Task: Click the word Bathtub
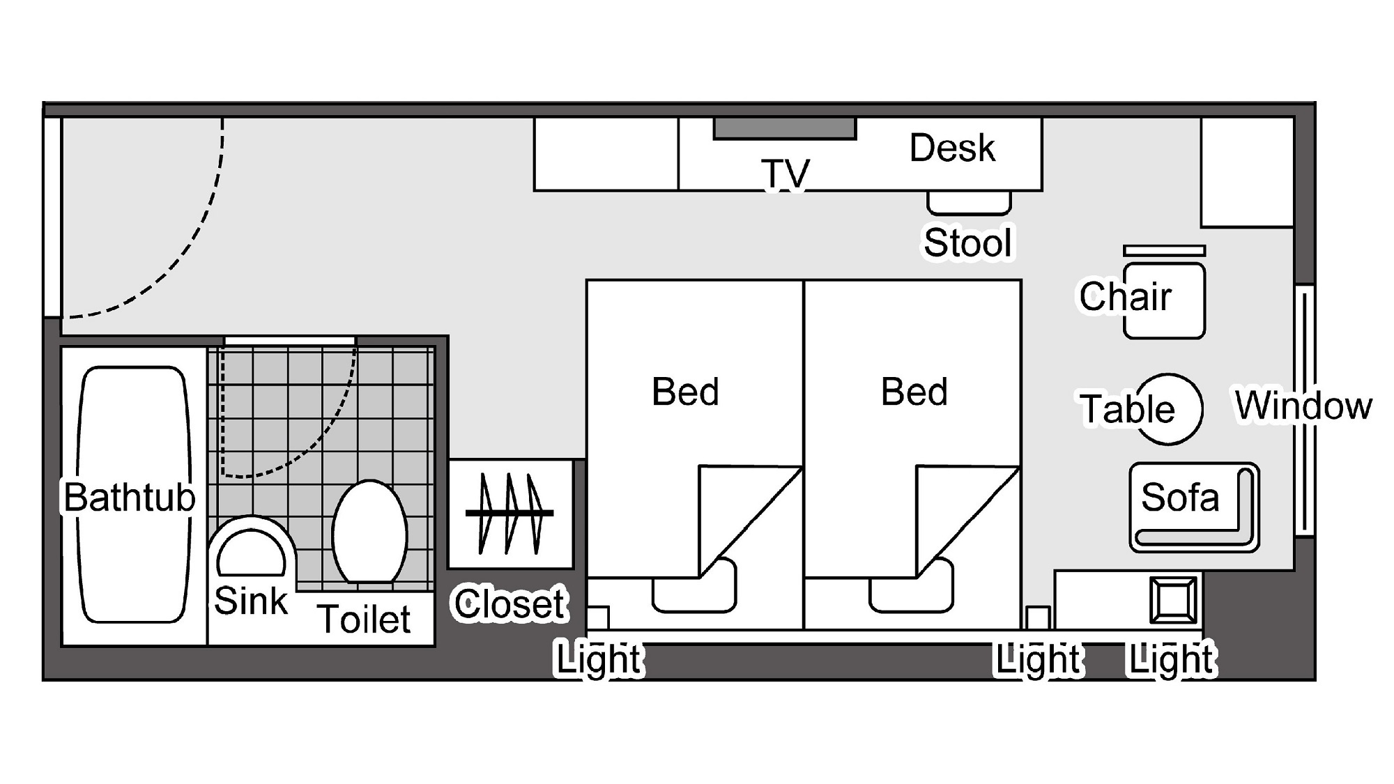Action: (130, 497)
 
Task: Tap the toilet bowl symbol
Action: (369, 532)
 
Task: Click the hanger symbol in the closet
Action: (510, 514)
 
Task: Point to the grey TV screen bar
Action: (785, 129)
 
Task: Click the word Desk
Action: (952, 148)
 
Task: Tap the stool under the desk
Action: (969, 203)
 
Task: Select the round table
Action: (1168, 409)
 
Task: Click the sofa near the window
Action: (1194, 507)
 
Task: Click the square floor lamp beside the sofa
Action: (1174, 600)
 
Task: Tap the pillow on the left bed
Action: (694, 586)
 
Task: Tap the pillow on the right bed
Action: (912, 586)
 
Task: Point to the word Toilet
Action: (364, 619)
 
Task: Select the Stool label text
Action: (967, 243)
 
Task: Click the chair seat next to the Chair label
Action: (1165, 300)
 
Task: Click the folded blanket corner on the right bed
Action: (967, 521)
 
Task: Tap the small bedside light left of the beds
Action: (597, 618)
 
